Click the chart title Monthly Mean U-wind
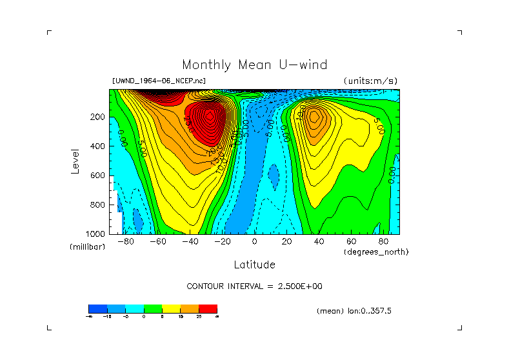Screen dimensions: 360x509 pyautogui.click(x=254, y=65)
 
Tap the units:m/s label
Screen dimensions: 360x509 pyautogui.click(x=371, y=81)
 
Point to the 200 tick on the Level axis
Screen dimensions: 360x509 pyautogui.click(x=98, y=117)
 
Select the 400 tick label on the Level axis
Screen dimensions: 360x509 pyautogui.click(x=98, y=146)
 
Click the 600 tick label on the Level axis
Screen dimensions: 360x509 pyautogui.click(x=98, y=175)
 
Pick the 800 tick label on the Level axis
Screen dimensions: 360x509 pyautogui.click(x=98, y=205)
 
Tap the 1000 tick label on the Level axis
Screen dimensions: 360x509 pyautogui.click(x=96, y=234)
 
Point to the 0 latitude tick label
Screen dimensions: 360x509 pyautogui.click(x=254, y=241)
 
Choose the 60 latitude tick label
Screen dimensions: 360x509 pyautogui.click(x=351, y=241)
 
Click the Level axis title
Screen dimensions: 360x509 pyautogui.click(x=76, y=161)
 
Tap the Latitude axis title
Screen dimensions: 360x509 pyautogui.click(x=254, y=265)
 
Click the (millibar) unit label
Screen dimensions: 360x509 pyautogui.click(x=87, y=247)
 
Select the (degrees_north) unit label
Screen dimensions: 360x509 pyautogui.click(x=376, y=252)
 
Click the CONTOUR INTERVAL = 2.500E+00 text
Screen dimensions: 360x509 pyautogui.click(x=254, y=286)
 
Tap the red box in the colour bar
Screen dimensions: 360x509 pyautogui.click(x=208, y=308)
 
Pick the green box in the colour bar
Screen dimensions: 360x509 pyautogui.click(x=152, y=308)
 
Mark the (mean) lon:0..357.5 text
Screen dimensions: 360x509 pyautogui.click(x=354, y=310)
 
